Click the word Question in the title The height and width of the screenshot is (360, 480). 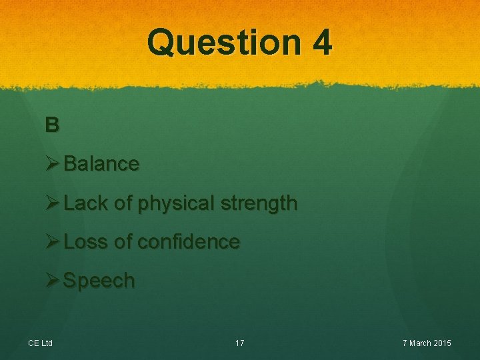coord(224,43)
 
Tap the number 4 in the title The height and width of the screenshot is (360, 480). coord(321,43)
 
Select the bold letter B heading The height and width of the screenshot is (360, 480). coord(52,125)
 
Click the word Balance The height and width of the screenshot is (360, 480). coord(101,164)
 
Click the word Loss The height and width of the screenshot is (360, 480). coord(85,241)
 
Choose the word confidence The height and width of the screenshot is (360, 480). coord(189,241)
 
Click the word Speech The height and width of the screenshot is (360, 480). coord(99,281)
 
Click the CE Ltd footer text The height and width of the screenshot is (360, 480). coord(41,343)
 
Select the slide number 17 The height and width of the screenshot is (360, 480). coord(240,343)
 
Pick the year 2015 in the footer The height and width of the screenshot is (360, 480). coord(441,343)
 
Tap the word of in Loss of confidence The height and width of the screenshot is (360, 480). coord(123,241)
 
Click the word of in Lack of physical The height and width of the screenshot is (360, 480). coord(123,203)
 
